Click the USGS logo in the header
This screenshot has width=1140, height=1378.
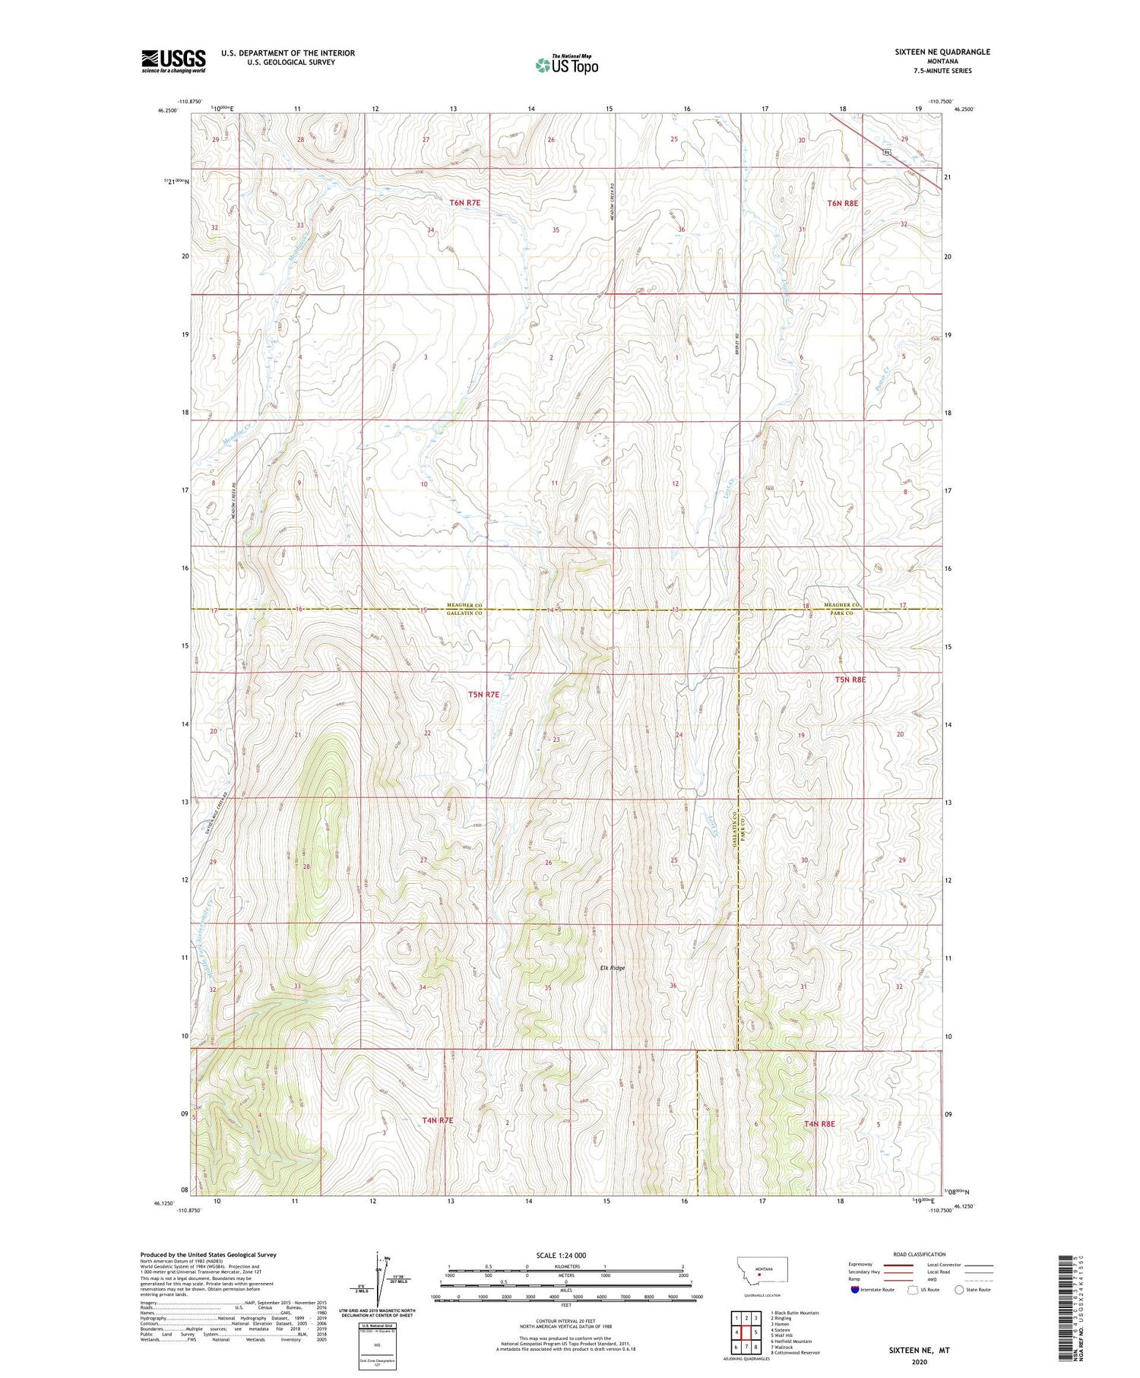coord(173,61)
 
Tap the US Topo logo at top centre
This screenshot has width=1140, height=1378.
coord(566,65)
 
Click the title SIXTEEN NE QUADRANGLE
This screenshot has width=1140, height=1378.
coord(942,52)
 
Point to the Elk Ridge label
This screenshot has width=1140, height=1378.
coord(612,968)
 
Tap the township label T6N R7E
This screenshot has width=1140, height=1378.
coord(465,202)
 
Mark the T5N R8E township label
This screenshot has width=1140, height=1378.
coord(850,679)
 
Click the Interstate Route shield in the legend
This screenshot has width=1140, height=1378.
coord(854,1290)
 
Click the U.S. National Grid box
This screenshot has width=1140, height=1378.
coord(377,1345)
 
